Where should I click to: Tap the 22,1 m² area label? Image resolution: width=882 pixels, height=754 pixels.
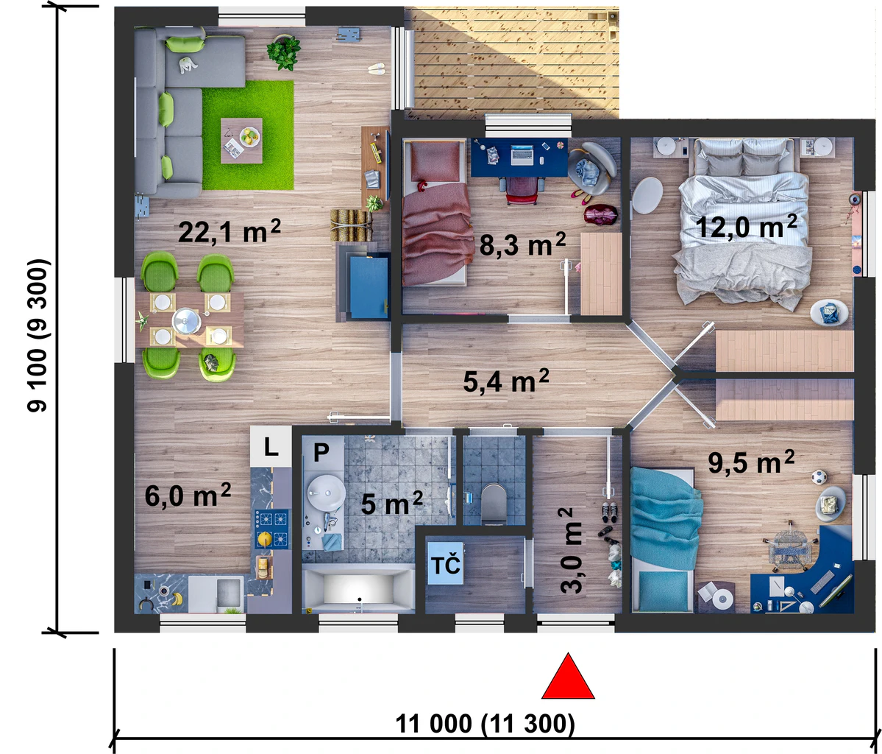229,231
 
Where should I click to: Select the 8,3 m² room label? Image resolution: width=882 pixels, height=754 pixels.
522,244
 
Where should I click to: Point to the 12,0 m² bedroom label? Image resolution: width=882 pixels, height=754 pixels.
747,226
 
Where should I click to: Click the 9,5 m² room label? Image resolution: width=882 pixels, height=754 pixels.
751,462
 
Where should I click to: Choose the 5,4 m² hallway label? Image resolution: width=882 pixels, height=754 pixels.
506,381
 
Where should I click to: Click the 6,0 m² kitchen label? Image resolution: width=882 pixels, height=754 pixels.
188,496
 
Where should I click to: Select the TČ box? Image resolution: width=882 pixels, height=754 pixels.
446,564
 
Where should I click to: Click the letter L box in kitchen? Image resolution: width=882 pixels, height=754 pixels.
271,447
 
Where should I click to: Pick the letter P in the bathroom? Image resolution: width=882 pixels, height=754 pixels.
321,452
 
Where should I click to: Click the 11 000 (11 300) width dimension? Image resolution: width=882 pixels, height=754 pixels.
485,724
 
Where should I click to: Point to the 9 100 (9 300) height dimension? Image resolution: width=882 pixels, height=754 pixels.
38,335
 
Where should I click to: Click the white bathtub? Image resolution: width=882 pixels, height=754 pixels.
358,590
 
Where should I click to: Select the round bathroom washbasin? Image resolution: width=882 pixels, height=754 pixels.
327,493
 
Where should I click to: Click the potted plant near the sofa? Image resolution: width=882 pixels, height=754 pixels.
284,52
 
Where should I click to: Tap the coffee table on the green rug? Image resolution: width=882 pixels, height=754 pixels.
241,141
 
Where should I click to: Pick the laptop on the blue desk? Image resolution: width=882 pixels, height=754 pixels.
522,155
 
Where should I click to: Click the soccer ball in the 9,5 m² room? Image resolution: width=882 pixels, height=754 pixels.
819,478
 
